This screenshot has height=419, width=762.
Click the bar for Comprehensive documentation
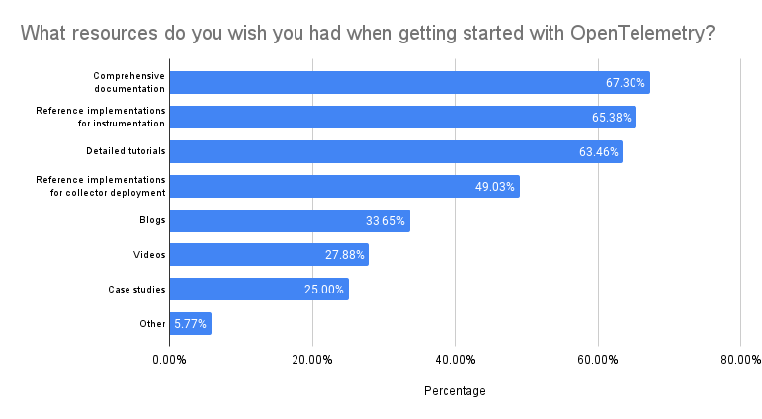tap(395, 83)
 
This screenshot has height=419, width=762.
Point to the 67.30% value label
tap(626, 83)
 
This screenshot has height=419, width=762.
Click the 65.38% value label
tap(612, 118)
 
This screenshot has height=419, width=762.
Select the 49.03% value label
tap(495, 186)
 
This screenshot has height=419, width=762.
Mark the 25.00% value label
tap(324, 290)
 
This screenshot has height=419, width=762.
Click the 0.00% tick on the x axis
tap(169, 359)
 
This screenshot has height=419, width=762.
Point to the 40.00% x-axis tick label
tap(455, 359)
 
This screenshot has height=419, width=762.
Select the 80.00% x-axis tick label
tap(740, 359)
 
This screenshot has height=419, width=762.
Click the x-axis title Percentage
tap(455, 391)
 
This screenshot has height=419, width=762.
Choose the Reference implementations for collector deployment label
tap(101, 186)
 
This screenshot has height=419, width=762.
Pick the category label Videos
tap(149, 255)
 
